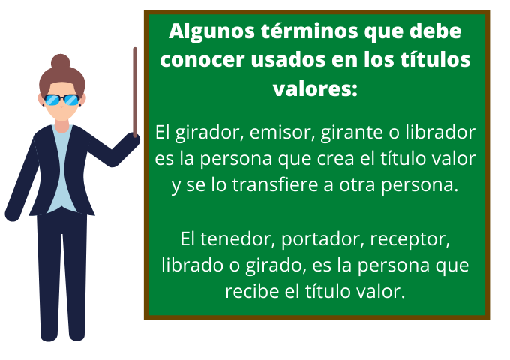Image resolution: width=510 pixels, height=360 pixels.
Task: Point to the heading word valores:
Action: pyautogui.click(x=314, y=87)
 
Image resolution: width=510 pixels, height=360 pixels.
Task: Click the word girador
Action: pyautogui.click(x=202, y=133)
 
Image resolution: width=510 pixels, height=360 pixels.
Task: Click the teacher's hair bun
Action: pyautogui.click(x=61, y=61)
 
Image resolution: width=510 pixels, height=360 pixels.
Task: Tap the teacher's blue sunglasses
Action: pyautogui.click(x=61, y=100)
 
